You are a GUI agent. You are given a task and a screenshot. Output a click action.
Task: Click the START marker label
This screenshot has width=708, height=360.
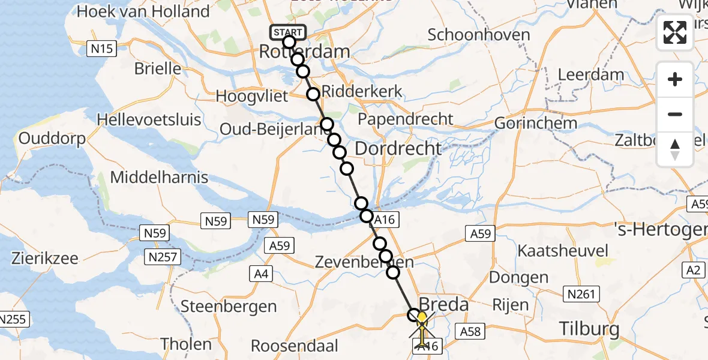pyautogui.click(x=289, y=32)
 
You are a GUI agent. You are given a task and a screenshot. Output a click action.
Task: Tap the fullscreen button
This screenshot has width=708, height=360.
pyautogui.click(x=675, y=32)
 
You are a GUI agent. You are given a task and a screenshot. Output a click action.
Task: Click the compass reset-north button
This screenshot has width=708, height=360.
pyautogui.click(x=675, y=149)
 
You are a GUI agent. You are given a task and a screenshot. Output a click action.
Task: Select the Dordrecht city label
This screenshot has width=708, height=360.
pyautogui.click(x=398, y=148)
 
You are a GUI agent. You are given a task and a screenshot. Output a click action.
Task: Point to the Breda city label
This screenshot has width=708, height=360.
pyautogui.click(x=443, y=304)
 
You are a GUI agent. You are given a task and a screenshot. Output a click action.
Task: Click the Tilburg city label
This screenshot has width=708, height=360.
pyautogui.click(x=589, y=329)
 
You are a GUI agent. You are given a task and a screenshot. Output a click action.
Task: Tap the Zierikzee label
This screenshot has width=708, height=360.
pyautogui.click(x=44, y=259)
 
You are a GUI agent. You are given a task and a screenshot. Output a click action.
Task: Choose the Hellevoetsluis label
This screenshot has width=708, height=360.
pyautogui.click(x=149, y=119)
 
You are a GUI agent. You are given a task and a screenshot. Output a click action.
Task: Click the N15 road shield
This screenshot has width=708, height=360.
pyautogui.click(x=101, y=49)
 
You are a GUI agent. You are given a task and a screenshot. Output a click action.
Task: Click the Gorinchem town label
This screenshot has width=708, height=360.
pyautogui.click(x=535, y=124)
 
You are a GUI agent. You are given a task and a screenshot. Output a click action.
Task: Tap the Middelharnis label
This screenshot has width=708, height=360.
pyautogui.click(x=159, y=177)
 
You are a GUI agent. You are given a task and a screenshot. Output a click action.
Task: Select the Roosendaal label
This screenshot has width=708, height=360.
pyautogui.click(x=295, y=346)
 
